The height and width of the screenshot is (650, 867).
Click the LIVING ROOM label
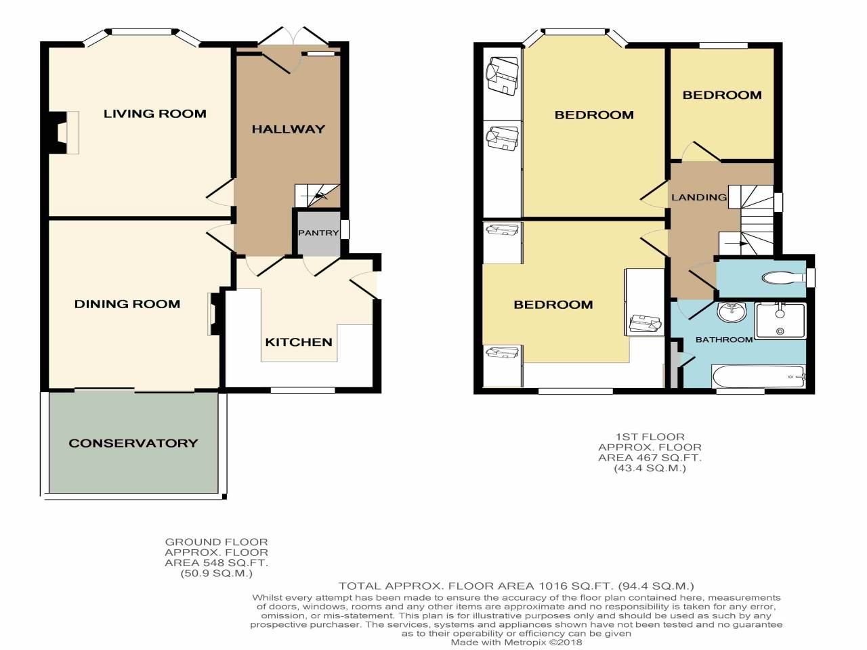154,114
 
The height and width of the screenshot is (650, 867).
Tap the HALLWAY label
289,129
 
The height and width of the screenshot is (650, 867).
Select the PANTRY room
318,233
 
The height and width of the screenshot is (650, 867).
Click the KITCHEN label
299,342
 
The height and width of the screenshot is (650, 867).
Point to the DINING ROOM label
127,304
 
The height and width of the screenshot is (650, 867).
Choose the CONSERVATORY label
133,443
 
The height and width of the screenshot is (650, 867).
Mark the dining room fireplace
213,313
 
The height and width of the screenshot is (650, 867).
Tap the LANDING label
698,197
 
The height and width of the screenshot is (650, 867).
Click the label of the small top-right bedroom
722,95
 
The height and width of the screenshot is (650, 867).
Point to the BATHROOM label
724,339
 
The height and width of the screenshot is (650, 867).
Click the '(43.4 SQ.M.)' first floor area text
650,468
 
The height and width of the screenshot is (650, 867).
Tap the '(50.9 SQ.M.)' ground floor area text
216,573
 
